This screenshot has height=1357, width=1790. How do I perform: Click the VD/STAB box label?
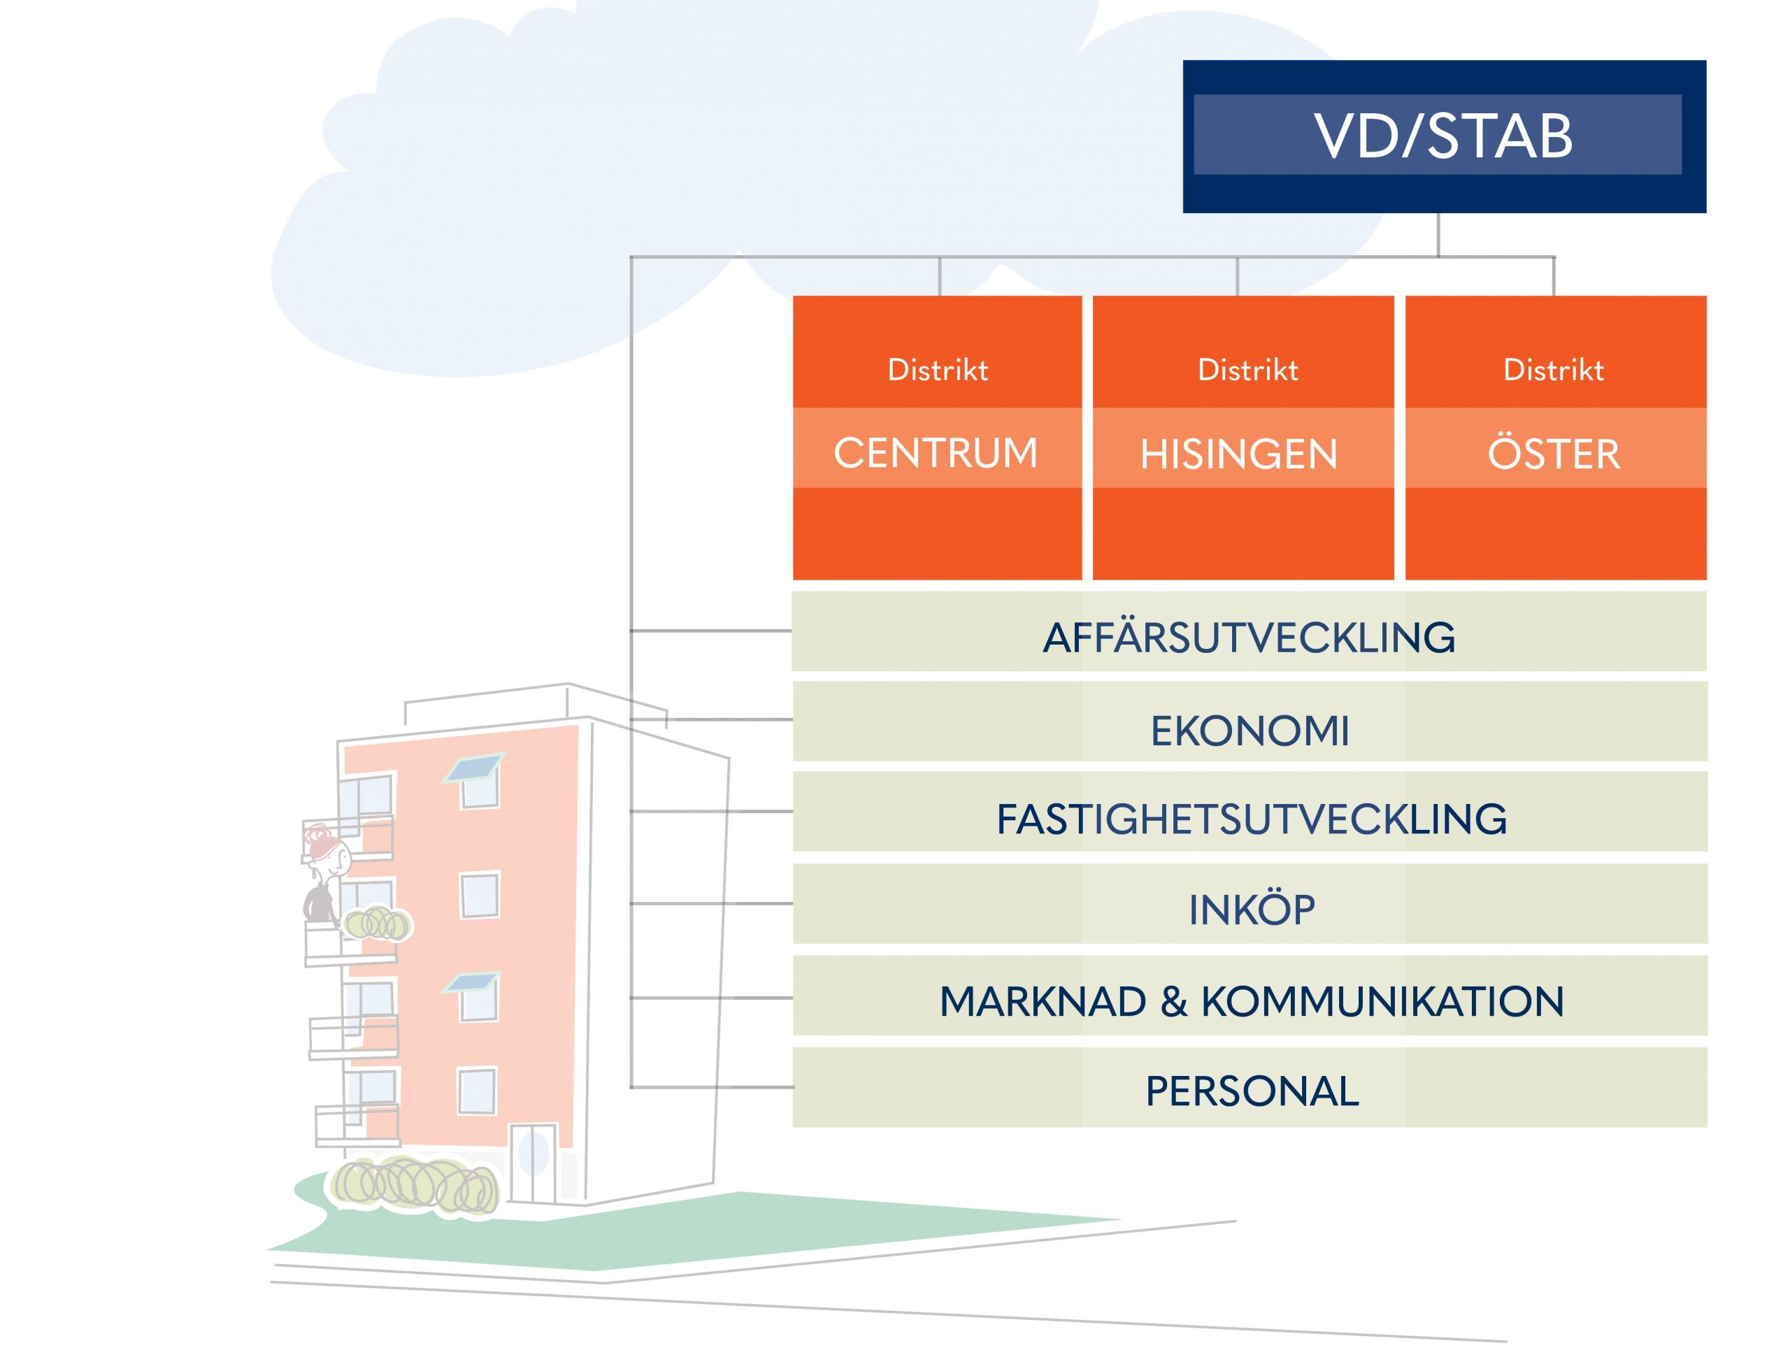point(1443,135)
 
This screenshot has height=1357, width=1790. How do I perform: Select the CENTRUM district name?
point(936,452)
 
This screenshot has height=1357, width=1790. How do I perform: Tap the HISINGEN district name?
point(1238,454)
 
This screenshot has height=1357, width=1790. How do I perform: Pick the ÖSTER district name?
point(1553,452)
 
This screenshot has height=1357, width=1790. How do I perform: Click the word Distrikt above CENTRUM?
point(937,370)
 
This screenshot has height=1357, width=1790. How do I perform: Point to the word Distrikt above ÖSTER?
point(1553,370)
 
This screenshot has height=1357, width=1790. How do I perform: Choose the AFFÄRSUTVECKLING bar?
point(1249,638)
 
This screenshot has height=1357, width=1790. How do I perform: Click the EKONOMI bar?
point(1250,731)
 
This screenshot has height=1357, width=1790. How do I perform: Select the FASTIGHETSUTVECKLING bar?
point(1251,819)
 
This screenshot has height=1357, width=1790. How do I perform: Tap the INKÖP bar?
point(1251,910)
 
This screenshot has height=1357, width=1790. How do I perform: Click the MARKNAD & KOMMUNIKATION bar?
point(1251,1002)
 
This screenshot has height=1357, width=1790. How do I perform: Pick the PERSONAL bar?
point(1251,1091)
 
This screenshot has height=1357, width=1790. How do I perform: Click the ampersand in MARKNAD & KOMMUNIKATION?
point(1173,1002)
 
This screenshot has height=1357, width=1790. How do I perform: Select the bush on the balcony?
point(378,924)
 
